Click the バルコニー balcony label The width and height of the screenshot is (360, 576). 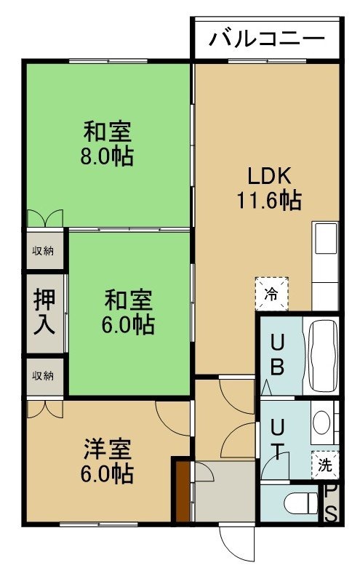pyautogui.click(x=267, y=39)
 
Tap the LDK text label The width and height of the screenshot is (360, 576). pyautogui.click(x=270, y=175)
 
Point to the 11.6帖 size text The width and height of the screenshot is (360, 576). pyautogui.click(x=270, y=200)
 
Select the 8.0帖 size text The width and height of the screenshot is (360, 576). pyautogui.click(x=107, y=157)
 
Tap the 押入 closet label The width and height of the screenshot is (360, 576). pyautogui.click(x=44, y=312)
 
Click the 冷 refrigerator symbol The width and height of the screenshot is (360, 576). pyautogui.click(x=271, y=294)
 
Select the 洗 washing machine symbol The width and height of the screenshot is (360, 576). pyautogui.click(x=325, y=465)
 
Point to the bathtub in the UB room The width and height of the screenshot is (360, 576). pyautogui.click(x=323, y=356)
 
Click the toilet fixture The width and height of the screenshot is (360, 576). pyautogui.click(x=301, y=503)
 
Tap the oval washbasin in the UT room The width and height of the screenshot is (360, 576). pyautogui.click(x=321, y=422)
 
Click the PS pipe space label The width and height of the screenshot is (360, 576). pyautogui.click(x=331, y=503)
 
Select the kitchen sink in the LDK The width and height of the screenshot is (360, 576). pyautogui.click(x=327, y=238)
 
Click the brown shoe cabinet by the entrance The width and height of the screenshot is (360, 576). pyautogui.click(x=183, y=492)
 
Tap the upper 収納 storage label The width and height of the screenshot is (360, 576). pyautogui.click(x=44, y=251)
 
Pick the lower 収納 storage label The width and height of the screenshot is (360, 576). pyautogui.click(x=44, y=376)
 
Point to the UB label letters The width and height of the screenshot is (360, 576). pyautogui.click(x=277, y=355)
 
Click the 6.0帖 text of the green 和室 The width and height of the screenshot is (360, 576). pyautogui.click(x=128, y=325)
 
